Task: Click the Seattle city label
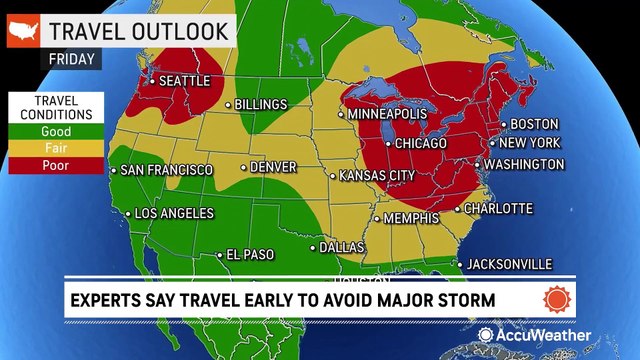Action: [x=186, y=80]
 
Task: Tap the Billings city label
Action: [x=261, y=104]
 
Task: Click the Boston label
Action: [x=534, y=124]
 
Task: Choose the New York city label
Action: [x=530, y=143]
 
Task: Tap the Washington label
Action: [x=525, y=164]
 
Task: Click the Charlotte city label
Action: [x=499, y=208]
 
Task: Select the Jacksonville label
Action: [x=510, y=263]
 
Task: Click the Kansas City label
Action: [x=377, y=175]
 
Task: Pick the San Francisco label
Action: [x=166, y=171]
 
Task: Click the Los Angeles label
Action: [x=174, y=214]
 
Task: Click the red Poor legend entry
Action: [x=54, y=164]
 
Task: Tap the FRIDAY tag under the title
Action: [x=74, y=58]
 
